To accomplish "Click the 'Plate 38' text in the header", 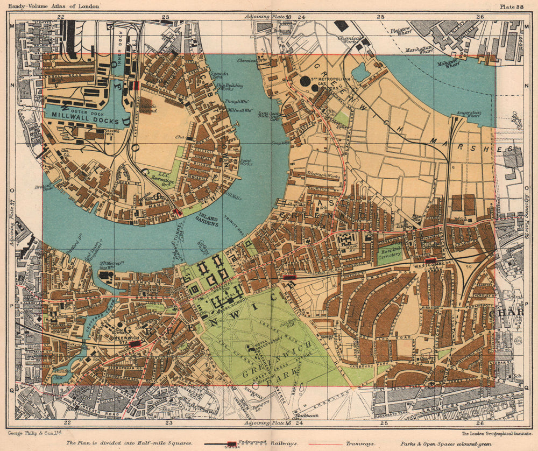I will (x=512, y=6).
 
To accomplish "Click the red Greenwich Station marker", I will (x=134, y=343).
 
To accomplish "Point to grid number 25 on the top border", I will (x=380, y=17).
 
